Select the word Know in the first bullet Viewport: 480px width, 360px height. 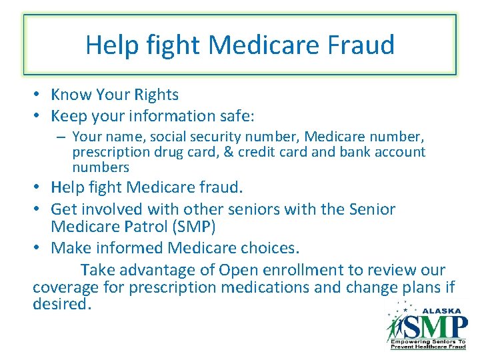[70, 95]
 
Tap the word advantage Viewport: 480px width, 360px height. [155, 270]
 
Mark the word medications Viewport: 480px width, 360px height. [290, 288]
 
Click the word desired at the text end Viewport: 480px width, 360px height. [60, 305]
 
